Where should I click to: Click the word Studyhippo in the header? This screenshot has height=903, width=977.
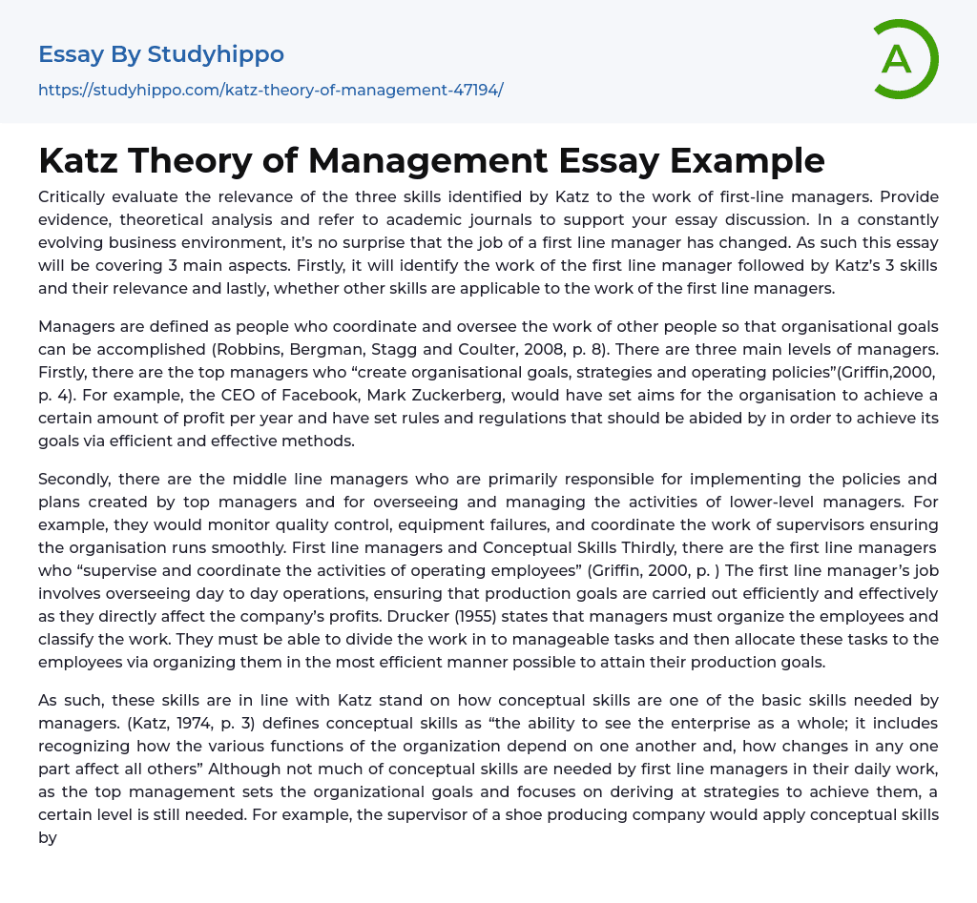216,54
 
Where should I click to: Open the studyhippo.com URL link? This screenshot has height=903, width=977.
270,91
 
